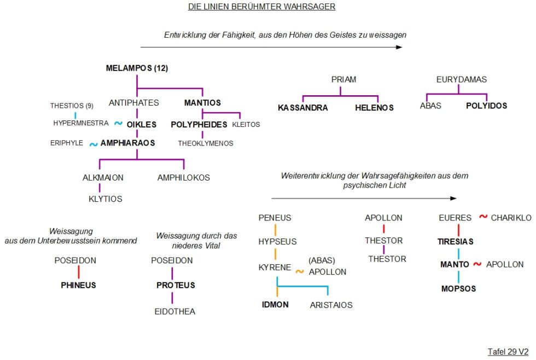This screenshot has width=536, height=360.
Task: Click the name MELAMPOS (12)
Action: coord(137,68)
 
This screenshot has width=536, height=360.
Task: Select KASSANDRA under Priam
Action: coord(303,108)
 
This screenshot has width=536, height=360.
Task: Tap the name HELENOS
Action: coord(374,108)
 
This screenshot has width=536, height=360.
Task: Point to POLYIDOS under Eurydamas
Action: coord(486,106)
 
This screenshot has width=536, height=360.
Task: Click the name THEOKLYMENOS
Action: coord(206,143)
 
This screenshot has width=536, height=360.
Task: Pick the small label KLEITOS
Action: coord(246,124)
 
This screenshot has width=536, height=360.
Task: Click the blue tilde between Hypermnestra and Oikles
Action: coord(118,123)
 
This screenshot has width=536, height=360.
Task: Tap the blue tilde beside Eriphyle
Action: coord(94,144)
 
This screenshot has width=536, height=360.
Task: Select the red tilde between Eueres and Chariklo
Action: coord(483,217)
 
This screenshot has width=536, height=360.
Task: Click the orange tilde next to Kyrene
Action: coord(300,271)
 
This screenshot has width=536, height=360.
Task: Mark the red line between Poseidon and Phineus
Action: coord(79,272)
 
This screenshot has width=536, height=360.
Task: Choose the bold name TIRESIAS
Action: coord(455,242)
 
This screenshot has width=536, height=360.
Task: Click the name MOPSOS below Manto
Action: coord(458,288)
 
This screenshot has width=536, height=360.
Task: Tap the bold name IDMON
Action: coord(275,305)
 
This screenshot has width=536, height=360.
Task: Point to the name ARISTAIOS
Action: coord(331,305)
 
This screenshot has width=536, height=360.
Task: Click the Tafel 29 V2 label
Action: coord(508,352)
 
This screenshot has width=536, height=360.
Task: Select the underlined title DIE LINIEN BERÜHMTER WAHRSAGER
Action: coord(261,7)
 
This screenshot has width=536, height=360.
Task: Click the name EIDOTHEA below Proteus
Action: coord(174,311)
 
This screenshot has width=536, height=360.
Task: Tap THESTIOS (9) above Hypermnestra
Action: coord(72,106)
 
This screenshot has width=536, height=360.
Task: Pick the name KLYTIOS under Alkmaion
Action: coord(105,199)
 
